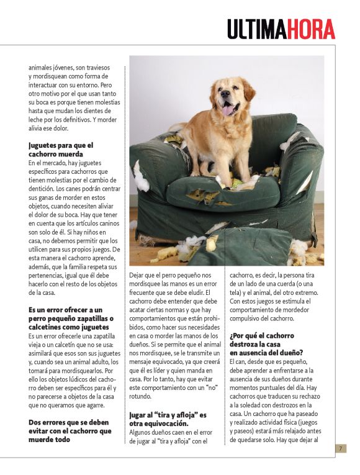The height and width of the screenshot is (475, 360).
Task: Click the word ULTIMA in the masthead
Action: click(x=256, y=29)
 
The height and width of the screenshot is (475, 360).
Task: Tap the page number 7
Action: click(x=340, y=448)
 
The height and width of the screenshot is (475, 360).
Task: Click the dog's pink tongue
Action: click(x=229, y=109)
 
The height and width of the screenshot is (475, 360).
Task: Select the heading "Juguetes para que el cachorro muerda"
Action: click(x=60, y=150)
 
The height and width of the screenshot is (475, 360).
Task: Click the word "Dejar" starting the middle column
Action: click(x=138, y=274)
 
